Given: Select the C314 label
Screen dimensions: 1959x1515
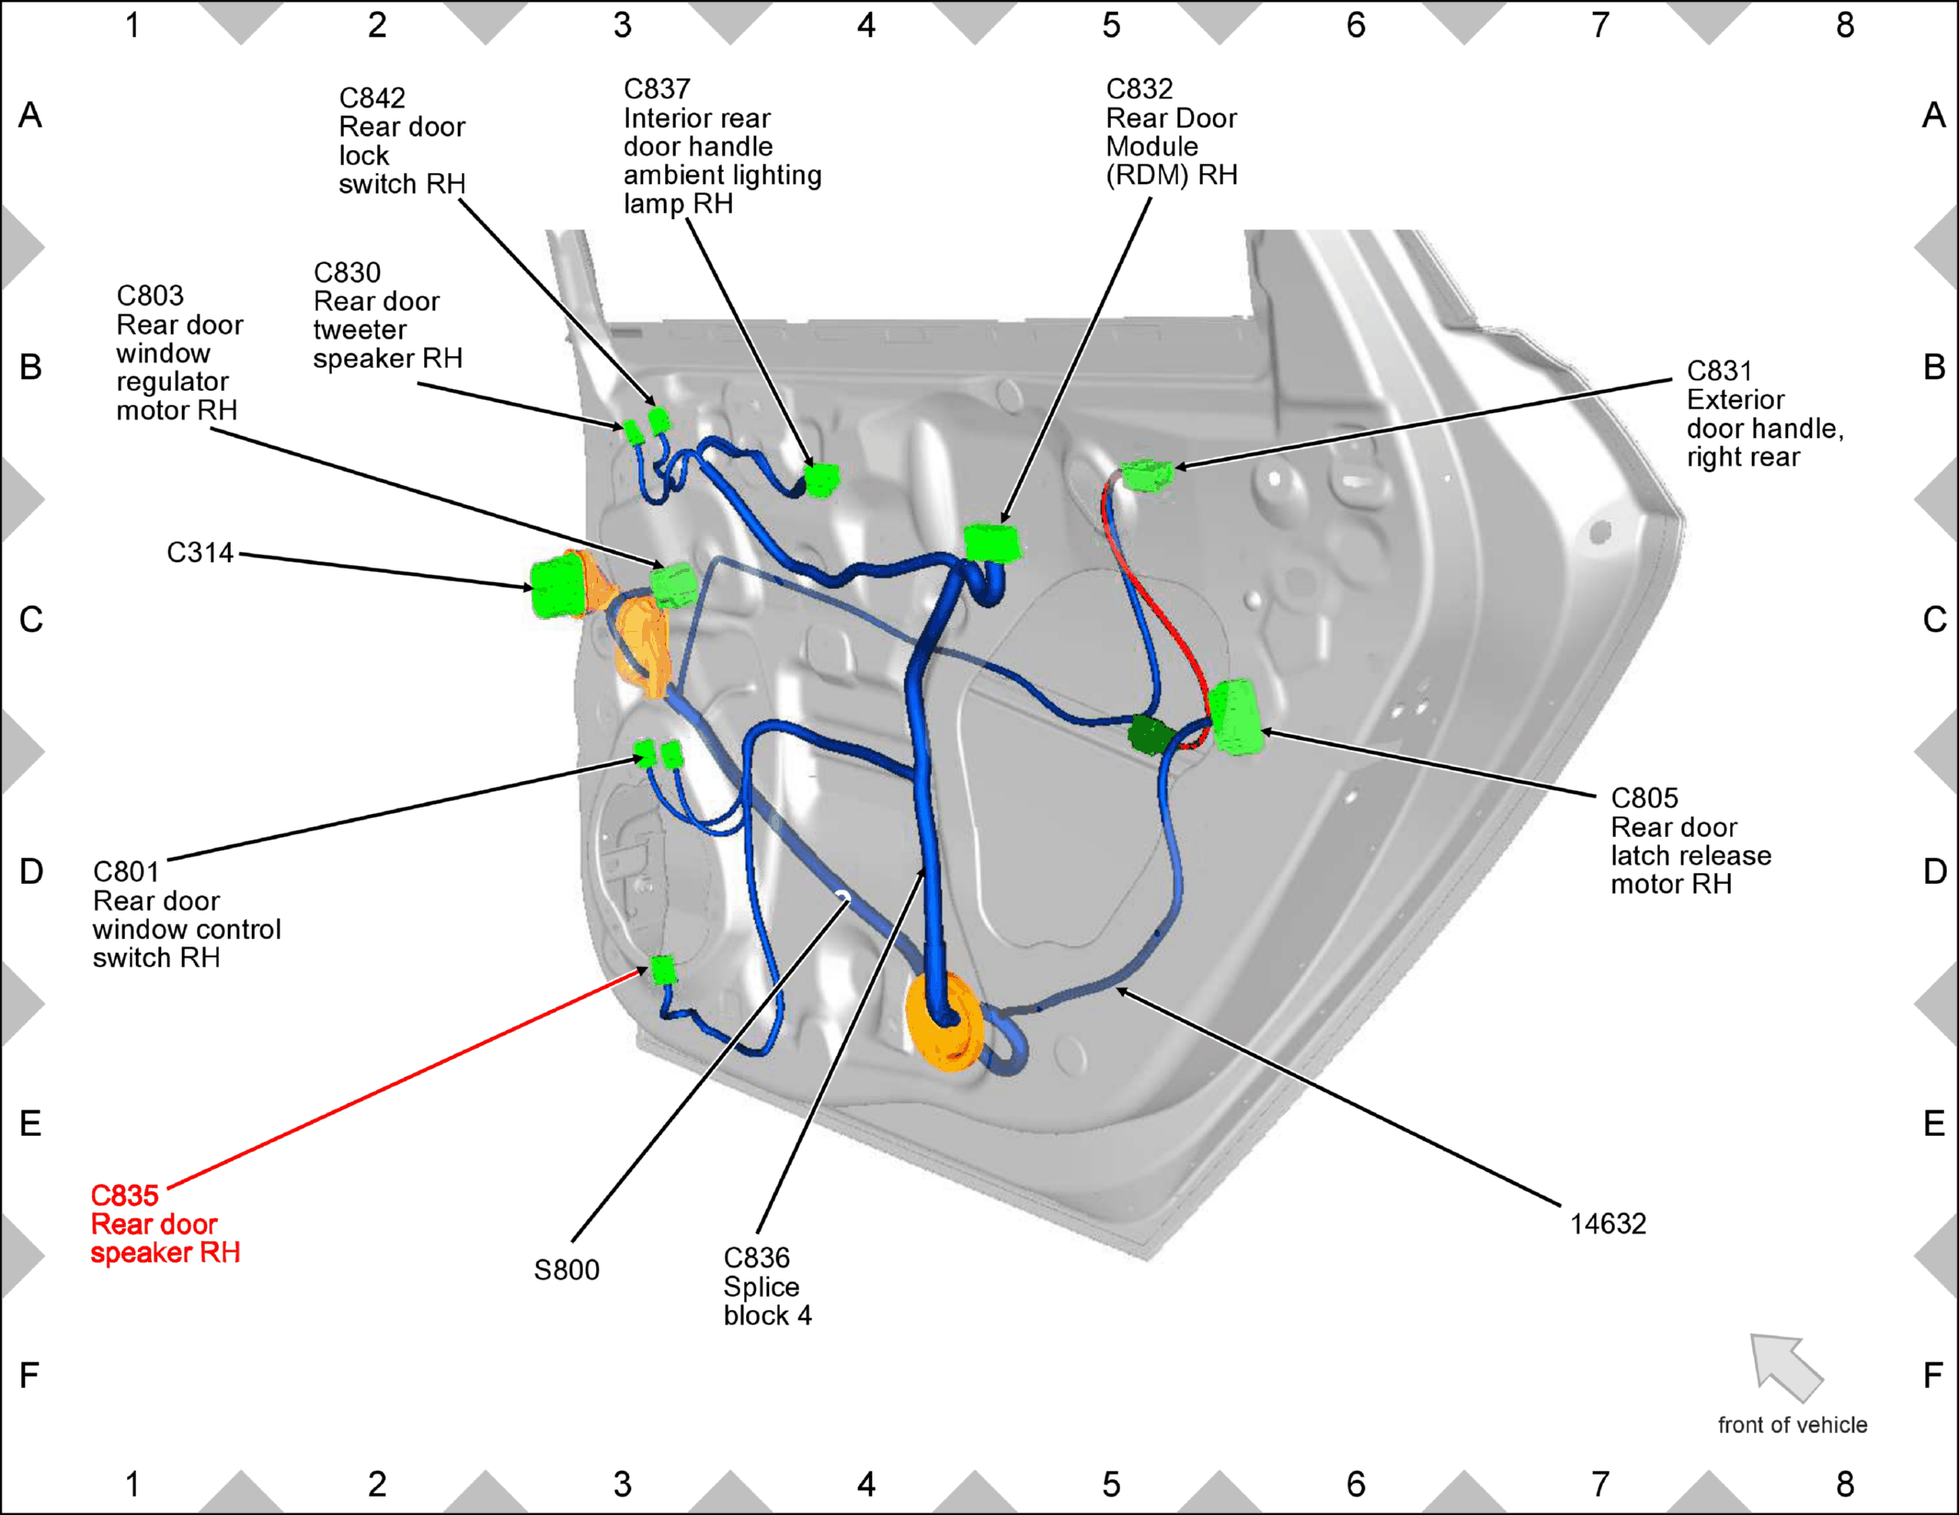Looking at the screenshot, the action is point(200,553).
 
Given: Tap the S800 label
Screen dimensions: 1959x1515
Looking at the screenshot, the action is point(567,1270).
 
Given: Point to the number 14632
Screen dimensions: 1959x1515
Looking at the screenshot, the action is point(1608,1224).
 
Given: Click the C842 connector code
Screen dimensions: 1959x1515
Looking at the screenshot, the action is point(372,98).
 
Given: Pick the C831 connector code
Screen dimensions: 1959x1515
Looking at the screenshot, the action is point(1719,371).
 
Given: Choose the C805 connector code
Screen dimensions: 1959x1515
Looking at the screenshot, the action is point(1644,798).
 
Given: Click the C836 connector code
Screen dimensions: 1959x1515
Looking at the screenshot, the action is point(757,1257).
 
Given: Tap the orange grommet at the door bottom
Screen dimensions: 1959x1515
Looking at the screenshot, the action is point(945,1022).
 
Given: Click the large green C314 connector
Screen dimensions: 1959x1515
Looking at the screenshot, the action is point(559,586).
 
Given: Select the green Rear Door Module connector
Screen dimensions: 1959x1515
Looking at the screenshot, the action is point(992,543).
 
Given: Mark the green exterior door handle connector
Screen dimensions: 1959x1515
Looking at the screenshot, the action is point(1147,475).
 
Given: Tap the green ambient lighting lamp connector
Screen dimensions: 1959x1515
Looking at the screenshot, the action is point(821,480).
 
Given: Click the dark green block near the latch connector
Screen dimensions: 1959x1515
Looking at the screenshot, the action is point(1149,735).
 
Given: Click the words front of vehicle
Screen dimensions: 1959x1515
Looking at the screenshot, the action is point(1793,1425).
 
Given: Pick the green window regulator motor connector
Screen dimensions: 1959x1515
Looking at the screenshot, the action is point(674,585).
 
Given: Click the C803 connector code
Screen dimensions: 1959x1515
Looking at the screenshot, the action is point(150,295).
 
